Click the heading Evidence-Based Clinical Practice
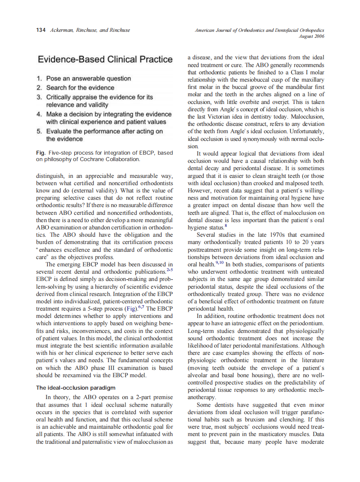point(105,59)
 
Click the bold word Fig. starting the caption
point(41,153)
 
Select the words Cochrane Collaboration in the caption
point(113,159)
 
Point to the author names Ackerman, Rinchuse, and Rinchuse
point(90,30)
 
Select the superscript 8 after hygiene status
point(226,225)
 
